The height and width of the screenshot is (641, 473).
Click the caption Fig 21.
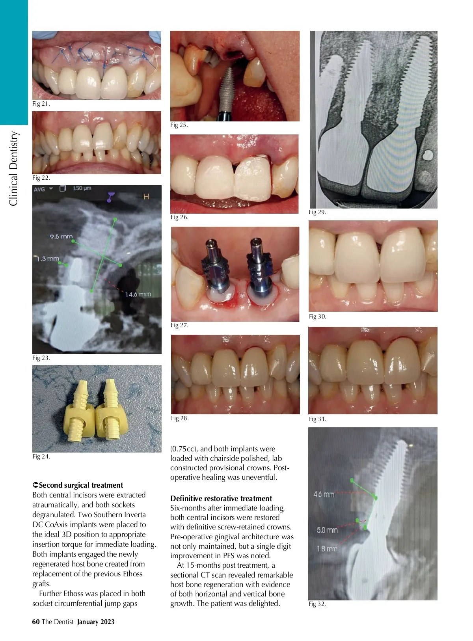pyautogui.click(x=41, y=104)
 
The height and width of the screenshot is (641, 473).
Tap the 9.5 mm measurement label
pyautogui.click(x=61, y=237)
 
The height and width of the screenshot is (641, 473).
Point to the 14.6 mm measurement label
pyautogui.click(x=138, y=294)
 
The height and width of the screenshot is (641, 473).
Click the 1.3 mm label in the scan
pyautogui.click(x=48, y=258)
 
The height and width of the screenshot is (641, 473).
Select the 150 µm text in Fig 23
pyautogui.click(x=82, y=188)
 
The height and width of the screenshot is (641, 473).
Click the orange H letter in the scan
pyautogui.click(x=146, y=197)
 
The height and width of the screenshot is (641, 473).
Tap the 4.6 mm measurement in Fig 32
pyautogui.click(x=324, y=494)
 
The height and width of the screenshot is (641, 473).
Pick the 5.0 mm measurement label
pyautogui.click(x=327, y=530)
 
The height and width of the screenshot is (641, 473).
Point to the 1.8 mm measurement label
pyautogui.click(x=327, y=548)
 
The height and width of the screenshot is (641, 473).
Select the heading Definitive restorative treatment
pyautogui.click(x=221, y=498)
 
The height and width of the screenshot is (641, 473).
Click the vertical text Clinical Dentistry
pyautogui.click(x=13, y=169)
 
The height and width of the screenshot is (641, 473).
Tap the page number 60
pyautogui.click(x=36, y=622)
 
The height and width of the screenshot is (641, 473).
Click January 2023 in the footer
pyautogui.click(x=96, y=622)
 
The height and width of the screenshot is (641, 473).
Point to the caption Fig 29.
pyautogui.click(x=317, y=212)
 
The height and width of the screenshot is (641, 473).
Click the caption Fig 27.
pyautogui.click(x=179, y=325)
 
